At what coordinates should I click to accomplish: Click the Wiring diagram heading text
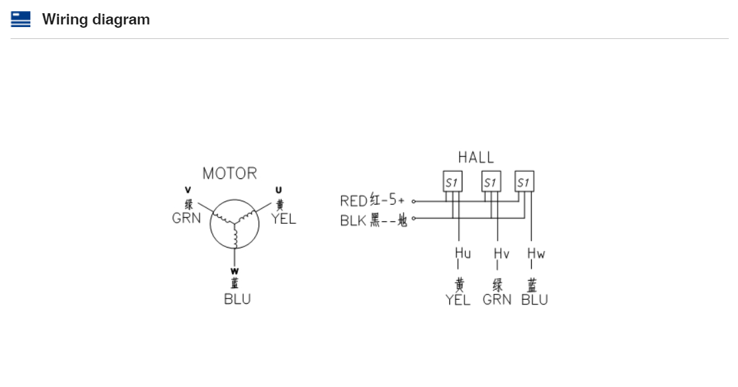pyautogui.click(x=96, y=20)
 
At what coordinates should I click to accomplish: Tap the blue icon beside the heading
pyautogui.click(x=20, y=20)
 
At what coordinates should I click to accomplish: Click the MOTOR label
pyautogui.click(x=229, y=174)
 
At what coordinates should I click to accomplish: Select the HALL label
pyautogui.click(x=476, y=157)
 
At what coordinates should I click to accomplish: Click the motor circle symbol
pyautogui.click(x=235, y=225)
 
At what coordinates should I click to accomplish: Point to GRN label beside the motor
pyautogui.click(x=186, y=218)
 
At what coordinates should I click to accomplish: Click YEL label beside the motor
pyautogui.click(x=284, y=219)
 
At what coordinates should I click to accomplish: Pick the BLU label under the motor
pyautogui.click(x=237, y=299)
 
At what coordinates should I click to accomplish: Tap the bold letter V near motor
pyautogui.click(x=188, y=190)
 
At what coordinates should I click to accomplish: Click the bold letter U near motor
pyautogui.click(x=279, y=190)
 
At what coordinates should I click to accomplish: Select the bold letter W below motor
pyautogui.click(x=235, y=271)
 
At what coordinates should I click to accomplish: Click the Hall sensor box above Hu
pyautogui.click(x=453, y=182)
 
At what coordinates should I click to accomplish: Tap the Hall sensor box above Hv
pyautogui.click(x=491, y=182)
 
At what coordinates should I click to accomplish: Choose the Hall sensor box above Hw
pyautogui.click(x=525, y=182)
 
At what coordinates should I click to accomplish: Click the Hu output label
pyautogui.click(x=462, y=254)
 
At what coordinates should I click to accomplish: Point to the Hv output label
pyautogui.click(x=501, y=254)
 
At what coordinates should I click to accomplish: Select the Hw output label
pyautogui.click(x=536, y=254)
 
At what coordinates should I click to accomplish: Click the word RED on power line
pyautogui.click(x=353, y=201)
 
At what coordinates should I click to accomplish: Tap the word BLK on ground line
pyautogui.click(x=353, y=221)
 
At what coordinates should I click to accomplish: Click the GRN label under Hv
pyautogui.click(x=497, y=300)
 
